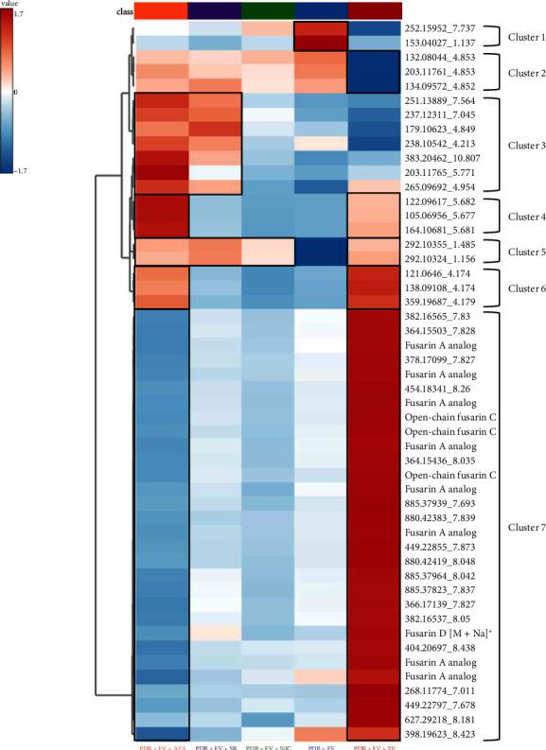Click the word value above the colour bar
click(x=12, y=6)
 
